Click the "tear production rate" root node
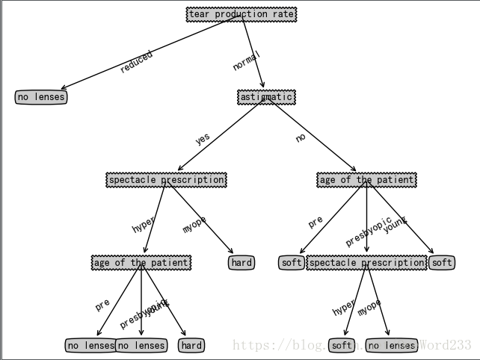click(x=241, y=14)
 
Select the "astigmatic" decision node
click(x=266, y=97)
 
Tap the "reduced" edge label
click(x=136, y=61)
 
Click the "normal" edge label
click(x=246, y=60)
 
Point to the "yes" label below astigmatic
click(x=203, y=138)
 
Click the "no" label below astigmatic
click(x=301, y=137)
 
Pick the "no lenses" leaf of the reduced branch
click(x=41, y=97)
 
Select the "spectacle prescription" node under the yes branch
click(x=166, y=180)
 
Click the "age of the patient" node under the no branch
click(x=366, y=180)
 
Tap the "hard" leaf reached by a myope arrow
click(x=241, y=262)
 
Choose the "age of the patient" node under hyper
click(x=141, y=262)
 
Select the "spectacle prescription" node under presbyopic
click(x=366, y=263)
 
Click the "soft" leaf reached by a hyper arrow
click(x=342, y=345)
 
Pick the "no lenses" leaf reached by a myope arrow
click(x=392, y=345)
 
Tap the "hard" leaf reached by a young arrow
click(x=191, y=345)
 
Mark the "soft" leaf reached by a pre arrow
click(x=292, y=262)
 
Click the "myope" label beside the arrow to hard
click(x=194, y=223)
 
